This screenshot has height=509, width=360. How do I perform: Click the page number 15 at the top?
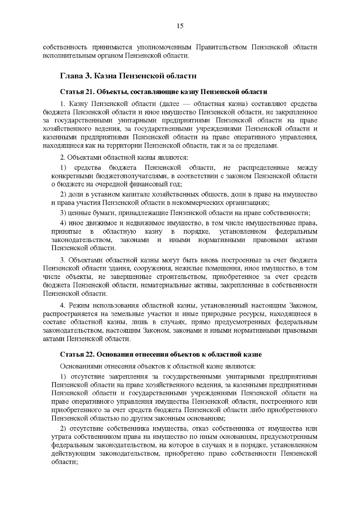180,26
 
